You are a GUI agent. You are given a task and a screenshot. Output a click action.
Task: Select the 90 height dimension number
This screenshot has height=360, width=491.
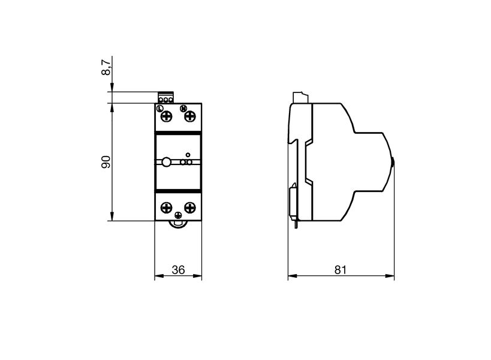[106, 162]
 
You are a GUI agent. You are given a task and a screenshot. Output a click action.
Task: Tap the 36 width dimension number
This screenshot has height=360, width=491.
[178, 270]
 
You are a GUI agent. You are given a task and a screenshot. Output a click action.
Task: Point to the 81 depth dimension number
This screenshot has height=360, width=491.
[340, 270]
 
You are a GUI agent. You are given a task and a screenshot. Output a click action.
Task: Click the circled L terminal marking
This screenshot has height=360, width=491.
[159, 108]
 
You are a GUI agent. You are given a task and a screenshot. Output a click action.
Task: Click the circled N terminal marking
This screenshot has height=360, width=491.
[184, 108]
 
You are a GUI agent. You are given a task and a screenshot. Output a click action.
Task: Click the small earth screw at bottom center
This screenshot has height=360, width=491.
[178, 215]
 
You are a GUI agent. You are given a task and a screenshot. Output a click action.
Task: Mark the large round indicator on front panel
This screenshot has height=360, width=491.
[166, 161]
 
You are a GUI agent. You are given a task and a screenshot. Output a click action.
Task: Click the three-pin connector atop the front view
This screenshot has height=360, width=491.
[165, 98]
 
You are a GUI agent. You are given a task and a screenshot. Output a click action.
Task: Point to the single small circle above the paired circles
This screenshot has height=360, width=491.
[188, 154]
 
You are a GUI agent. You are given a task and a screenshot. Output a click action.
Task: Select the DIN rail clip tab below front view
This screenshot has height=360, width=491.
[178, 224]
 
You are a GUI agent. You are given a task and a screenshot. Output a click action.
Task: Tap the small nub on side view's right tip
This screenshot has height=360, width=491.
[393, 161]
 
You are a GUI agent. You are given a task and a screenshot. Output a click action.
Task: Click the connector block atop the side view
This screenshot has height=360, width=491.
[300, 97]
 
